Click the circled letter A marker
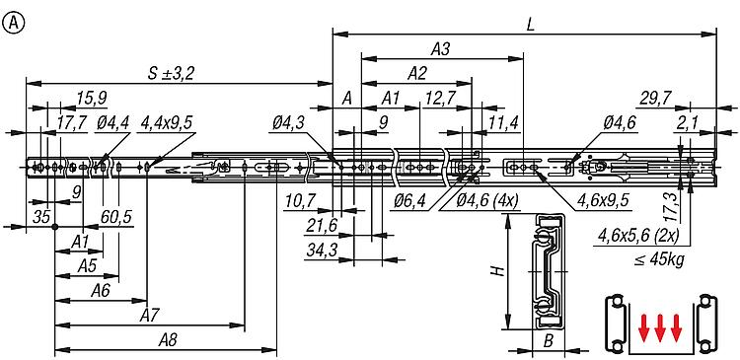(x=13, y=24)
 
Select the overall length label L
(x=531, y=25)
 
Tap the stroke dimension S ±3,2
(x=172, y=74)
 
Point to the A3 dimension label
(x=440, y=49)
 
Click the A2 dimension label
(x=416, y=73)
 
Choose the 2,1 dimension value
(x=688, y=122)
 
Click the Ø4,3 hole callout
(x=288, y=123)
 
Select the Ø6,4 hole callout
(x=409, y=201)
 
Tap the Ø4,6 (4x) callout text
(x=487, y=201)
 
